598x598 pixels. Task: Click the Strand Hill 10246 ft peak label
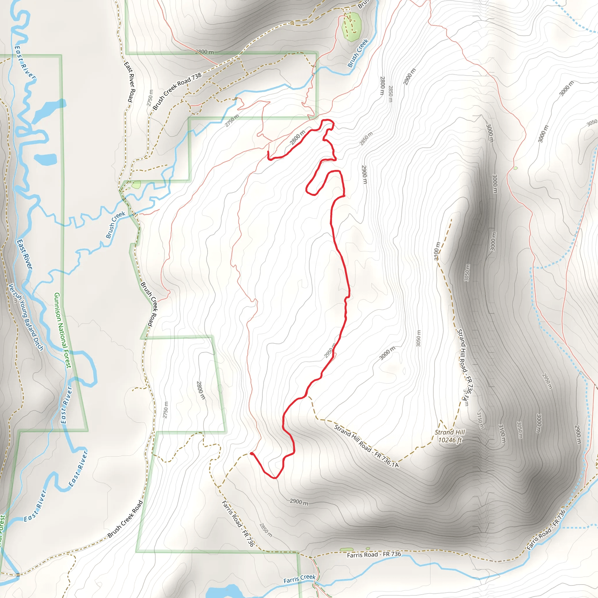click(x=450, y=436)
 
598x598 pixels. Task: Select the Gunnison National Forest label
click(x=62, y=331)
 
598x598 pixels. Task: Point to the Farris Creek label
click(x=299, y=579)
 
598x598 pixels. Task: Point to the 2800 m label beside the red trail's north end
click(x=298, y=138)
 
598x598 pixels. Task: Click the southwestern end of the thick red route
click(x=251, y=453)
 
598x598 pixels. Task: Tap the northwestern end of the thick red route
click(x=268, y=152)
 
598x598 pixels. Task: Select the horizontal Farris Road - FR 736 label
click(x=374, y=554)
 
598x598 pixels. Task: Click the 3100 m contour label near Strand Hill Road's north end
click(x=437, y=251)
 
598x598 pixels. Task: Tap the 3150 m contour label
click(x=480, y=420)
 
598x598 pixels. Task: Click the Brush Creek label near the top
click(x=358, y=53)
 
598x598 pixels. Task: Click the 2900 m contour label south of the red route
click(x=299, y=502)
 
